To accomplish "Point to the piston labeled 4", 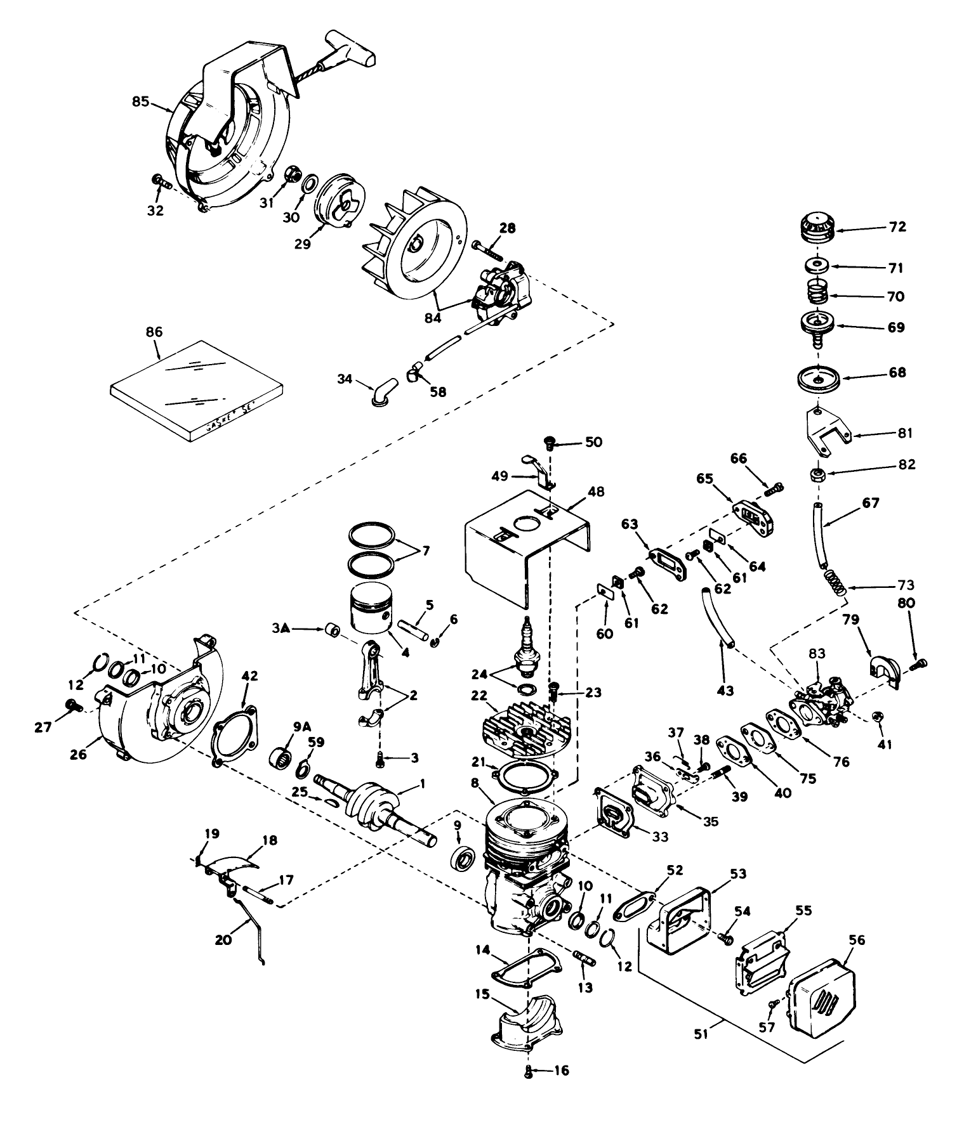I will click(x=368, y=608).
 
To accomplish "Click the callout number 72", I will click(x=897, y=226).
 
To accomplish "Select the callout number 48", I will click(x=596, y=492).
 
